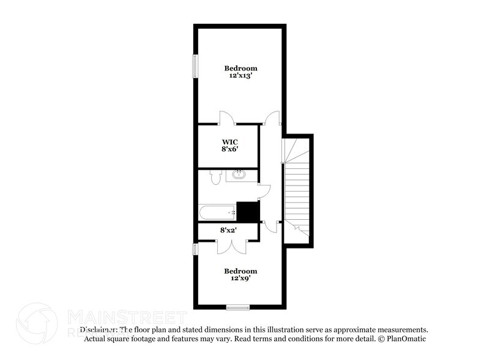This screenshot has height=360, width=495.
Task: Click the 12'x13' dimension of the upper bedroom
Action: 240,77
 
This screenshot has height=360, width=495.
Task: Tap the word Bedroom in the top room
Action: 240,68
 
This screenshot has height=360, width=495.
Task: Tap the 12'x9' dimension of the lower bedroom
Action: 240,279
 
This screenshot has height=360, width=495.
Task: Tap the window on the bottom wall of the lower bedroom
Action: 237,307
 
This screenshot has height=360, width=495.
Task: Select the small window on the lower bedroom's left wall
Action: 196,249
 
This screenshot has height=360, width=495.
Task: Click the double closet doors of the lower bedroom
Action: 232,245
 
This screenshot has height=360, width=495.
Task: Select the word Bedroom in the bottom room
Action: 240,271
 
